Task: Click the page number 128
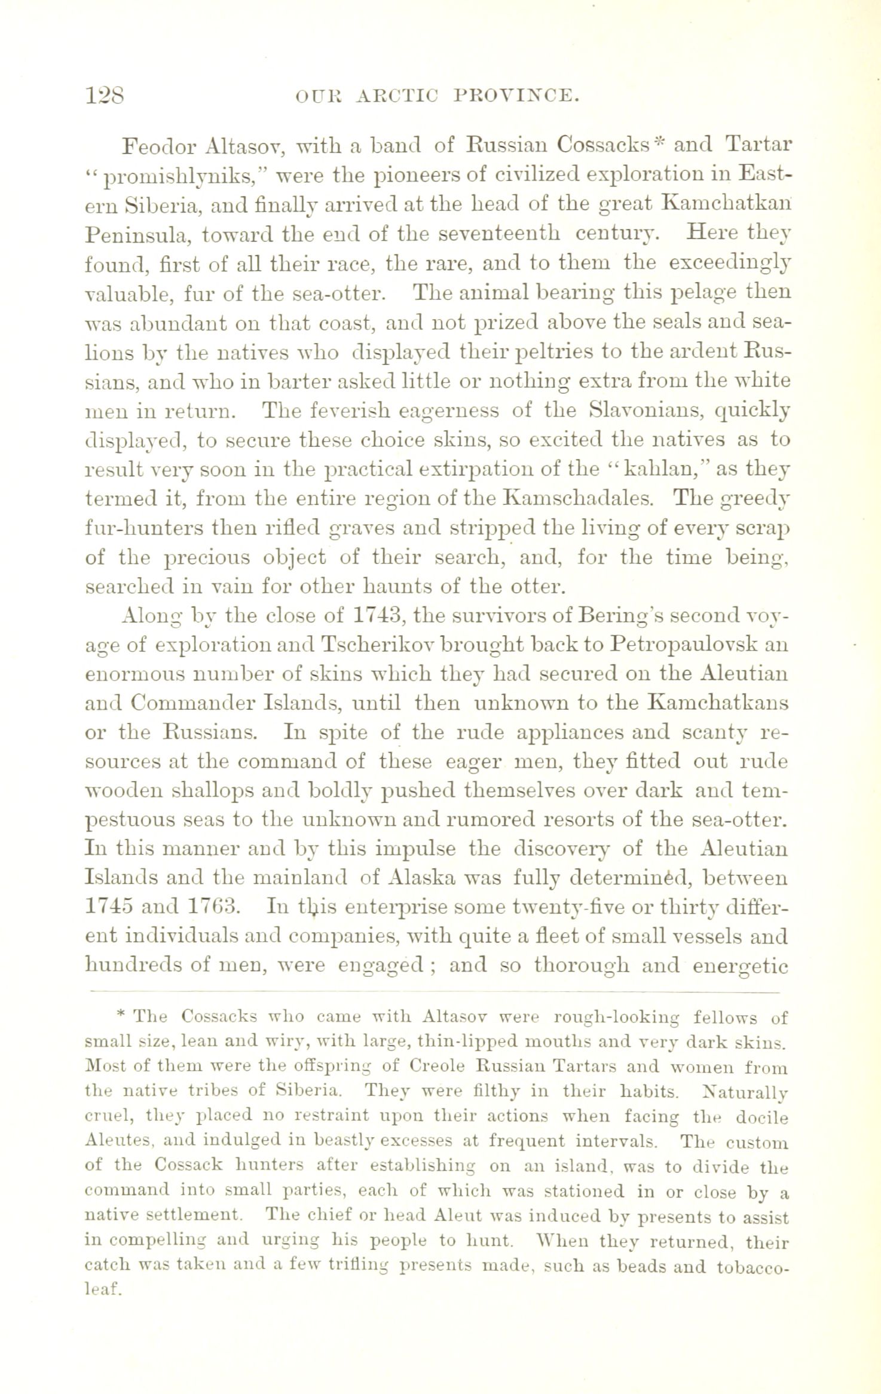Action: point(105,95)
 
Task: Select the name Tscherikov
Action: point(380,645)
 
